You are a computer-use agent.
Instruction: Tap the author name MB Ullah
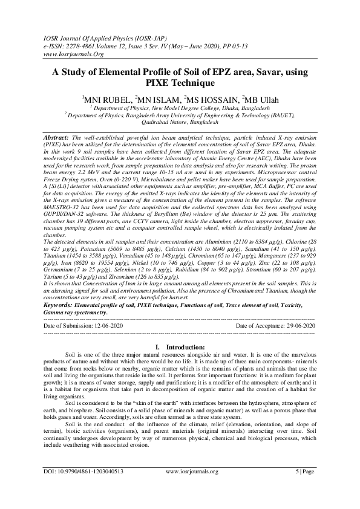pos(266,99)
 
